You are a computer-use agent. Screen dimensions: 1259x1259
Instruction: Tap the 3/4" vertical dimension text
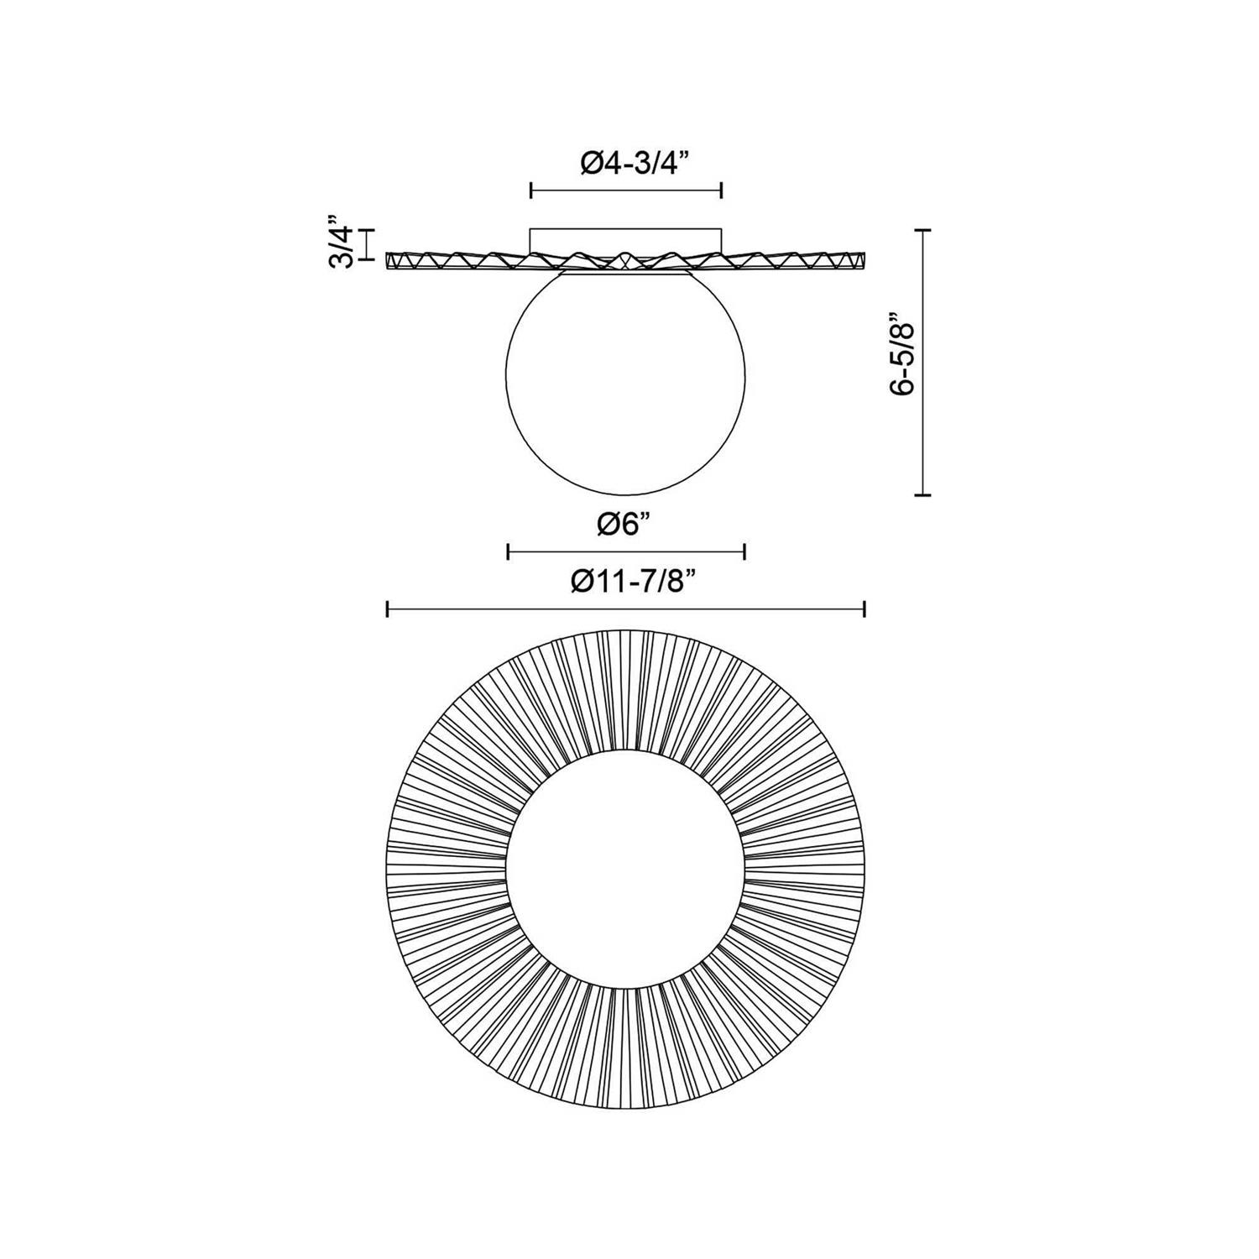pos(340,244)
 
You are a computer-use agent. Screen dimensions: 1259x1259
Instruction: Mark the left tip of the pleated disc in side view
pos(389,261)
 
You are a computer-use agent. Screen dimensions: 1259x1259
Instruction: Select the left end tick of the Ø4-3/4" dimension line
pos(531,191)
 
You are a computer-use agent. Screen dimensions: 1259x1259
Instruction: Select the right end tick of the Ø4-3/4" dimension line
pos(722,191)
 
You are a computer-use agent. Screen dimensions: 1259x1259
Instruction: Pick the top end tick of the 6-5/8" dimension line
pos(923,229)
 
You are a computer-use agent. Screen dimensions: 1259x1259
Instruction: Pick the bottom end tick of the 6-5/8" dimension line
pos(923,495)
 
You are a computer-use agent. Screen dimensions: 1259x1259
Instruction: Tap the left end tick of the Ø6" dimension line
pos(509,551)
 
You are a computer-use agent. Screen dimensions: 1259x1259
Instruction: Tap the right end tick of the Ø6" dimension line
pos(744,551)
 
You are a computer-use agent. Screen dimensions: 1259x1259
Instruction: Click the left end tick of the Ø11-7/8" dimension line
pos(387,609)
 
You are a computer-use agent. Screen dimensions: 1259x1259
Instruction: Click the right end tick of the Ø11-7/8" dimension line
pos(865,609)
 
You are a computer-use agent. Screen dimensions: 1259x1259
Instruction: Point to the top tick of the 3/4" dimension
pos(366,228)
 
